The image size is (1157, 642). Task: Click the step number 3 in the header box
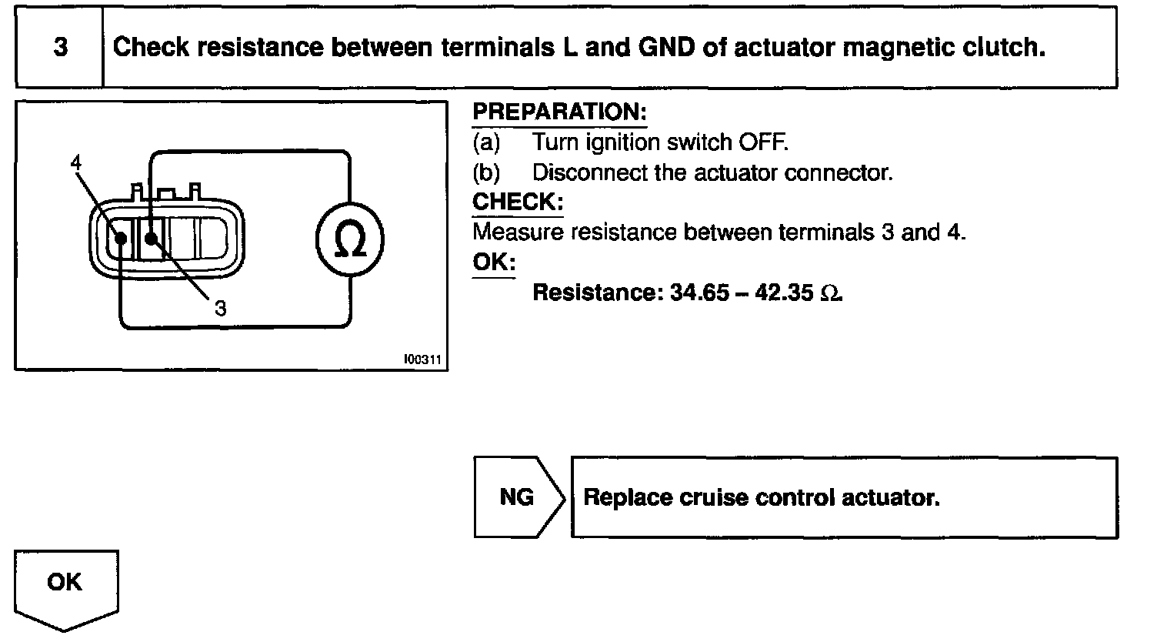coord(60,48)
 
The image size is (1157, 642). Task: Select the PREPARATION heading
coord(559,112)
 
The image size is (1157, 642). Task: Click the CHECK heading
coord(518,202)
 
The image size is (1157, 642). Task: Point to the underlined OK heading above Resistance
coord(493,262)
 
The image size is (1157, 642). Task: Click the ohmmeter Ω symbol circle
coord(350,241)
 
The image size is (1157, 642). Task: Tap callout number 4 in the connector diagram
coord(75,162)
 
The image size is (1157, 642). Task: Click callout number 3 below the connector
coord(221,309)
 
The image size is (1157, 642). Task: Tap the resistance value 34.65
coord(699,293)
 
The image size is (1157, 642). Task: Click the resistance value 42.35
coord(785,293)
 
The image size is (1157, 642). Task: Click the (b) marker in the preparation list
coord(486,172)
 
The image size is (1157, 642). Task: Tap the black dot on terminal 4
coord(121,238)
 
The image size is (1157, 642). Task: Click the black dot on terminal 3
coord(150,238)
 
